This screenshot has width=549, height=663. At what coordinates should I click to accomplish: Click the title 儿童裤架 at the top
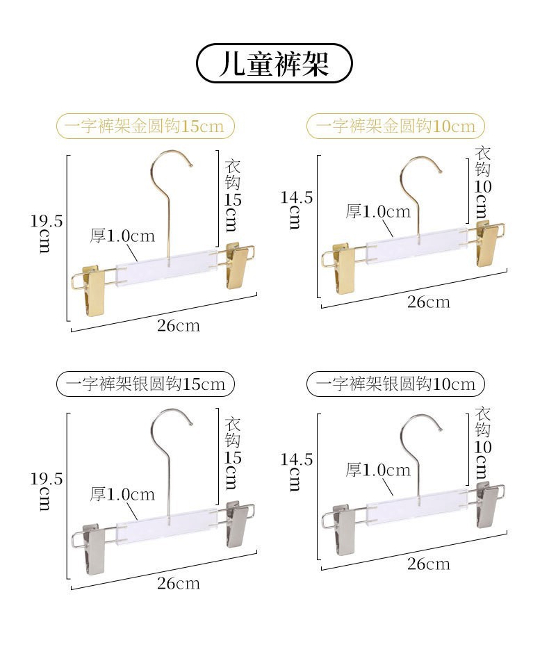point(274,64)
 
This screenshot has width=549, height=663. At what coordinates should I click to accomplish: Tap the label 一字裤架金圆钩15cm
point(145,126)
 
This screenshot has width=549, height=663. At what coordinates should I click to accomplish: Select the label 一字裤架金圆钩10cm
point(395,126)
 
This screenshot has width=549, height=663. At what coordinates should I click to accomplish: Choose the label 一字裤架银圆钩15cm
point(145,384)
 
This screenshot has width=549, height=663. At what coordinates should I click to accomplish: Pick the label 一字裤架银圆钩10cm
point(395,384)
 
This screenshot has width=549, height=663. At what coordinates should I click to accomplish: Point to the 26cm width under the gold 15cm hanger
point(178,325)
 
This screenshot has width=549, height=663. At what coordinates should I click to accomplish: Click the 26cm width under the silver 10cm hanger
point(428,563)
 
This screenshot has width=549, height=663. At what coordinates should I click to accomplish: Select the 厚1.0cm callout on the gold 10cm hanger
point(378,211)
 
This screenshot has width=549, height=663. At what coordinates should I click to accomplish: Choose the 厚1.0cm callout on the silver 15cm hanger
point(122,494)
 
